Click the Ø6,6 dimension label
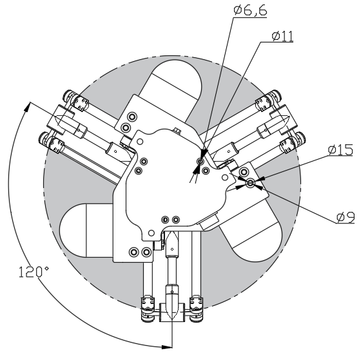pyautogui.click(x=250, y=10)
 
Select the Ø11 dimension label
pyautogui.click(x=282, y=36)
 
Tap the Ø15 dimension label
pyautogui.click(x=340, y=150)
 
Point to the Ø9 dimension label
pyautogui.click(x=346, y=218)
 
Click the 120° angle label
pyautogui.click(x=34, y=272)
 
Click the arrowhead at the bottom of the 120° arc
pyautogui.click(x=167, y=347)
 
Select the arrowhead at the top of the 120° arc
pyautogui.click(x=27, y=107)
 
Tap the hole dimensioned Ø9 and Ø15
pyautogui.click(x=250, y=184)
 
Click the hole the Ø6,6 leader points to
pyautogui.click(x=200, y=161)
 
